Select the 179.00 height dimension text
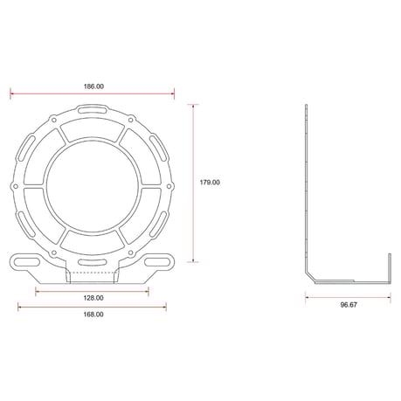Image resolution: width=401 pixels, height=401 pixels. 210,183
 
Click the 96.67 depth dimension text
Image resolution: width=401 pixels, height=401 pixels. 349,305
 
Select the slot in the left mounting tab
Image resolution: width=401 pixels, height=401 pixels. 27,261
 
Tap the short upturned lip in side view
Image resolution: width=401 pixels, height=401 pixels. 388,266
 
